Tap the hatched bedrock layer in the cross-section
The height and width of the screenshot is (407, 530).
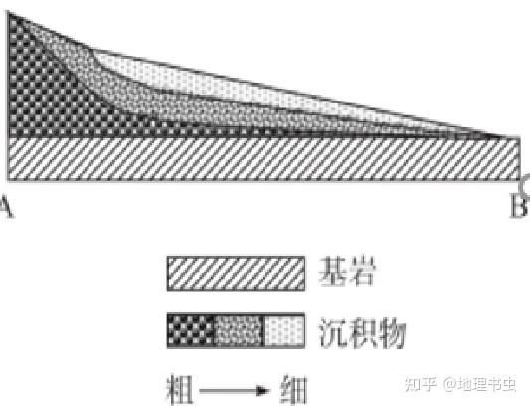(x=264, y=159)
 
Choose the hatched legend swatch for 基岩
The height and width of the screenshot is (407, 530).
(x=236, y=274)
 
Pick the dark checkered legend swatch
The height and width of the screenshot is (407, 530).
(x=191, y=331)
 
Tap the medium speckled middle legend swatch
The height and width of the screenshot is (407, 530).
(x=239, y=331)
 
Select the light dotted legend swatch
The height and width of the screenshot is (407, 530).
(x=284, y=331)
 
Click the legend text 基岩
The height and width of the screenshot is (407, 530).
(x=347, y=272)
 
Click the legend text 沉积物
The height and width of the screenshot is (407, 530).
(x=362, y=333)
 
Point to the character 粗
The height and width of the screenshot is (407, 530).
(x=180, y=390)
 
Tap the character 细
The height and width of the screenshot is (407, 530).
(x=294, y=390)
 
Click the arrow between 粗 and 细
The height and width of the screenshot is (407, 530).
(x=235, y=391)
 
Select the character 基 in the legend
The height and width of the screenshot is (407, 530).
(x=332, y=272)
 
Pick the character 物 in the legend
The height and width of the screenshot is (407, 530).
(x=392, y=333)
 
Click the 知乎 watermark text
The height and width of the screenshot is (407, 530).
(x=420, y=384)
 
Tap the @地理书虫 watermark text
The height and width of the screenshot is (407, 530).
(x=480, y=384)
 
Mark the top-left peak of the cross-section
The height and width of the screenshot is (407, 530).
(x=8, y=12)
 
